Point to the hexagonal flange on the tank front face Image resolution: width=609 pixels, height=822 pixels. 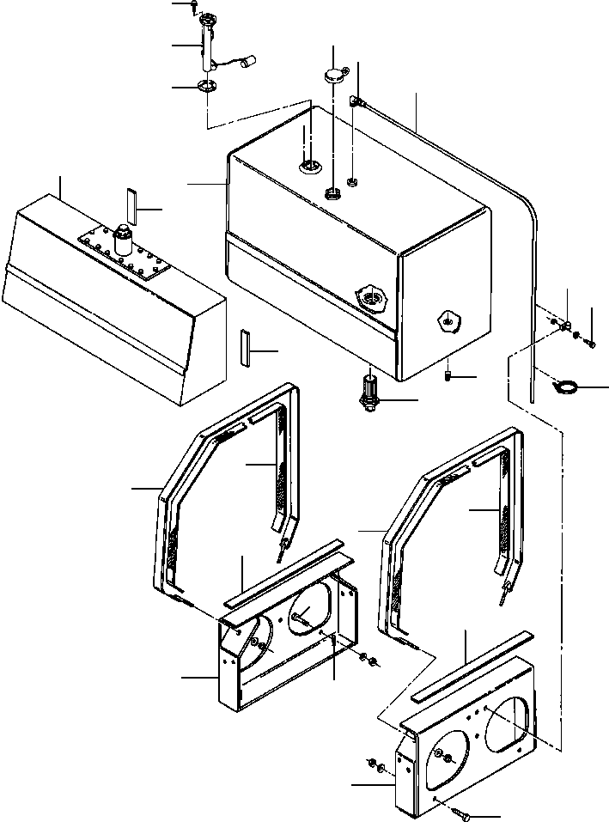pyautogui.click(x=372, y=298)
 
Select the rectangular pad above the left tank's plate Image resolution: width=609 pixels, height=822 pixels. pyautogui.click(x=131, y=204)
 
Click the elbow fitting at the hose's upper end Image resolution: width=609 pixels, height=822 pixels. pyautogui.click(x=356, y=104)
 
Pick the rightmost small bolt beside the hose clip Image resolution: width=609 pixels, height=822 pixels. pyautogui.click(x=592, y=343)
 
